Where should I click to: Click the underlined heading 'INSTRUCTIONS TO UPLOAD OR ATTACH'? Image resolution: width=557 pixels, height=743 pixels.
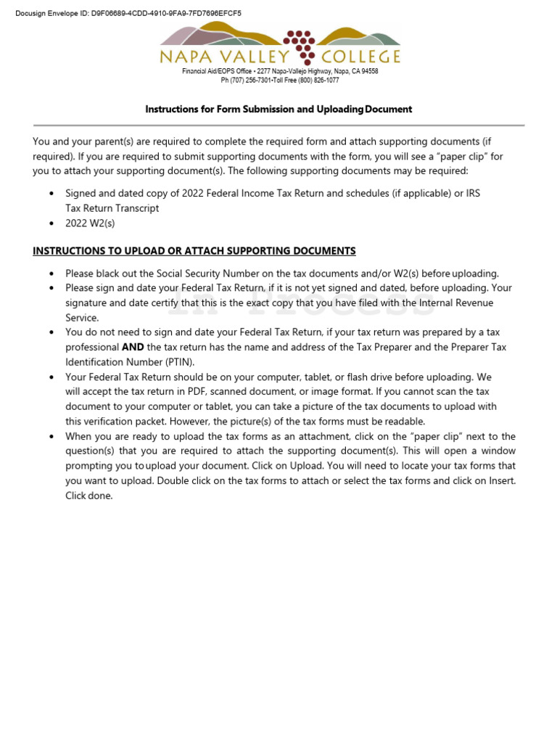tap(194, 251)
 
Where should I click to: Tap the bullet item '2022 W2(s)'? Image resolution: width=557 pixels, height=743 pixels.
tap(90, 223)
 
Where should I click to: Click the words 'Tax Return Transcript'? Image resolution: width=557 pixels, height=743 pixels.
tap(112, 208)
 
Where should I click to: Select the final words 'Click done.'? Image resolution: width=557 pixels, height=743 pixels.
tap(89, 496)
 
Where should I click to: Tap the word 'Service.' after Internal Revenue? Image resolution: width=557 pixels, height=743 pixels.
tap(82, 318)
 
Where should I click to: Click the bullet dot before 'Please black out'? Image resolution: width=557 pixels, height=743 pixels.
tap(51, 274)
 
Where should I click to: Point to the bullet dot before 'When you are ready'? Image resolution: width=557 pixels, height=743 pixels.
tap(51, 437)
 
